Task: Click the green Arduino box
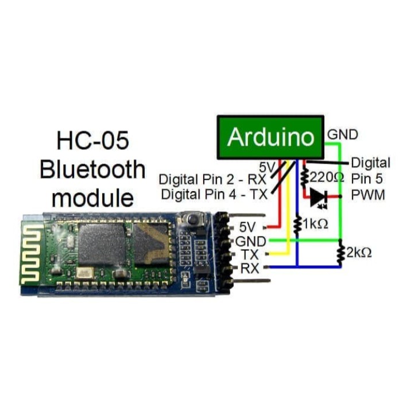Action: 270,138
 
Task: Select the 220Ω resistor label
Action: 327,177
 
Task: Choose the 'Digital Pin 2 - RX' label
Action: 213,180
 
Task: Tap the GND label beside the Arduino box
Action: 342,135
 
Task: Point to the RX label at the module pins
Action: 250,268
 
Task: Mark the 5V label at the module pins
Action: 250,227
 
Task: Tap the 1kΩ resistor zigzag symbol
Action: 297,224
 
